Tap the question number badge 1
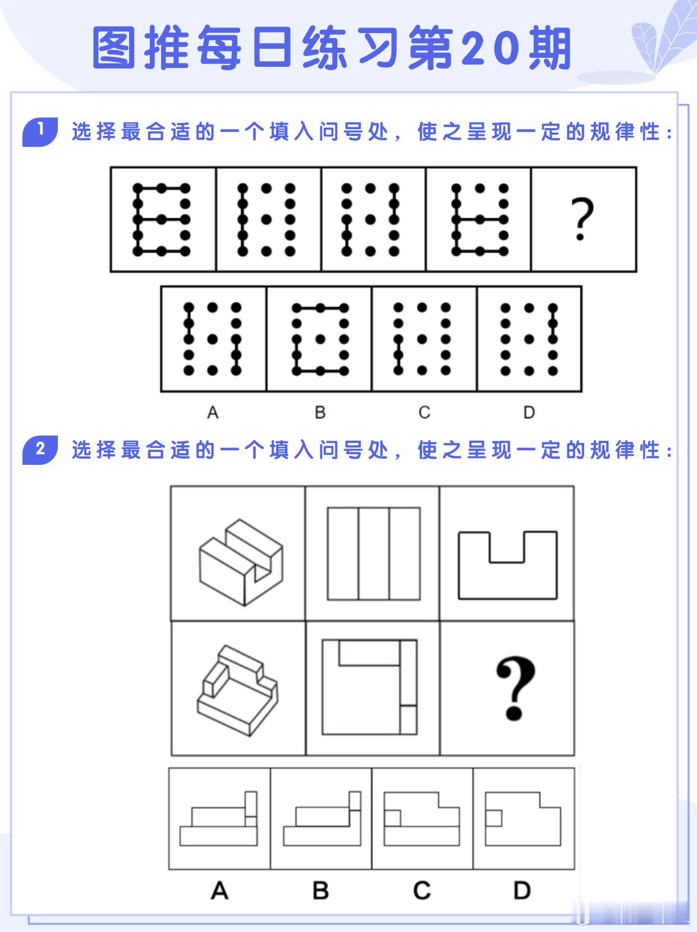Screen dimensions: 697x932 coord(40,131)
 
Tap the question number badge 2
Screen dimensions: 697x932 coord(40,450)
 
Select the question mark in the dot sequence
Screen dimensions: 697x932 coord(582,219)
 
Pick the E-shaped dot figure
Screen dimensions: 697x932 coord(162,220)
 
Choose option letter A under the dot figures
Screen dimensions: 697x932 coord(213,412)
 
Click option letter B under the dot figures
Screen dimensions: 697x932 coord(320,412)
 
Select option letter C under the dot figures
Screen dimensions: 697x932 coord(424,412)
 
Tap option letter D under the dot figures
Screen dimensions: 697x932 coord(529,412)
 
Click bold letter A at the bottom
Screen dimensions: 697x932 coord(219,890)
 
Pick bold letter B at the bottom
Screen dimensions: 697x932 coord(320,890)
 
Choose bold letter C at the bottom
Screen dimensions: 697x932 coord(422,890)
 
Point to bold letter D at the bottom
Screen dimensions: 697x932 coord(522,890)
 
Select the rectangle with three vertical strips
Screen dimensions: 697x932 coord(374,554)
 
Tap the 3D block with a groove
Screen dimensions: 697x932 coord(241,562)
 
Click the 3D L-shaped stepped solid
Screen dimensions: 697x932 coord(237,691)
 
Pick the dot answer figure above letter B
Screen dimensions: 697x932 coord(320,339)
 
